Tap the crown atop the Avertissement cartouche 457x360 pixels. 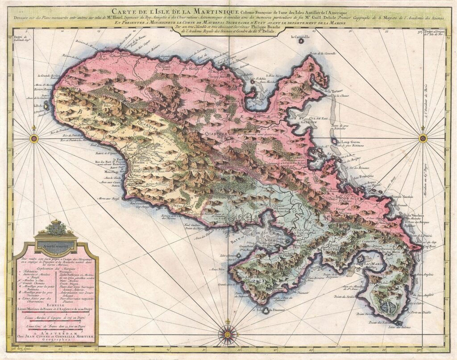(56, 222)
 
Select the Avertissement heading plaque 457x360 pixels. (56, 244)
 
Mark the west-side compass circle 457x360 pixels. (33, 138)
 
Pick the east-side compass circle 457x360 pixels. (423, 138)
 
